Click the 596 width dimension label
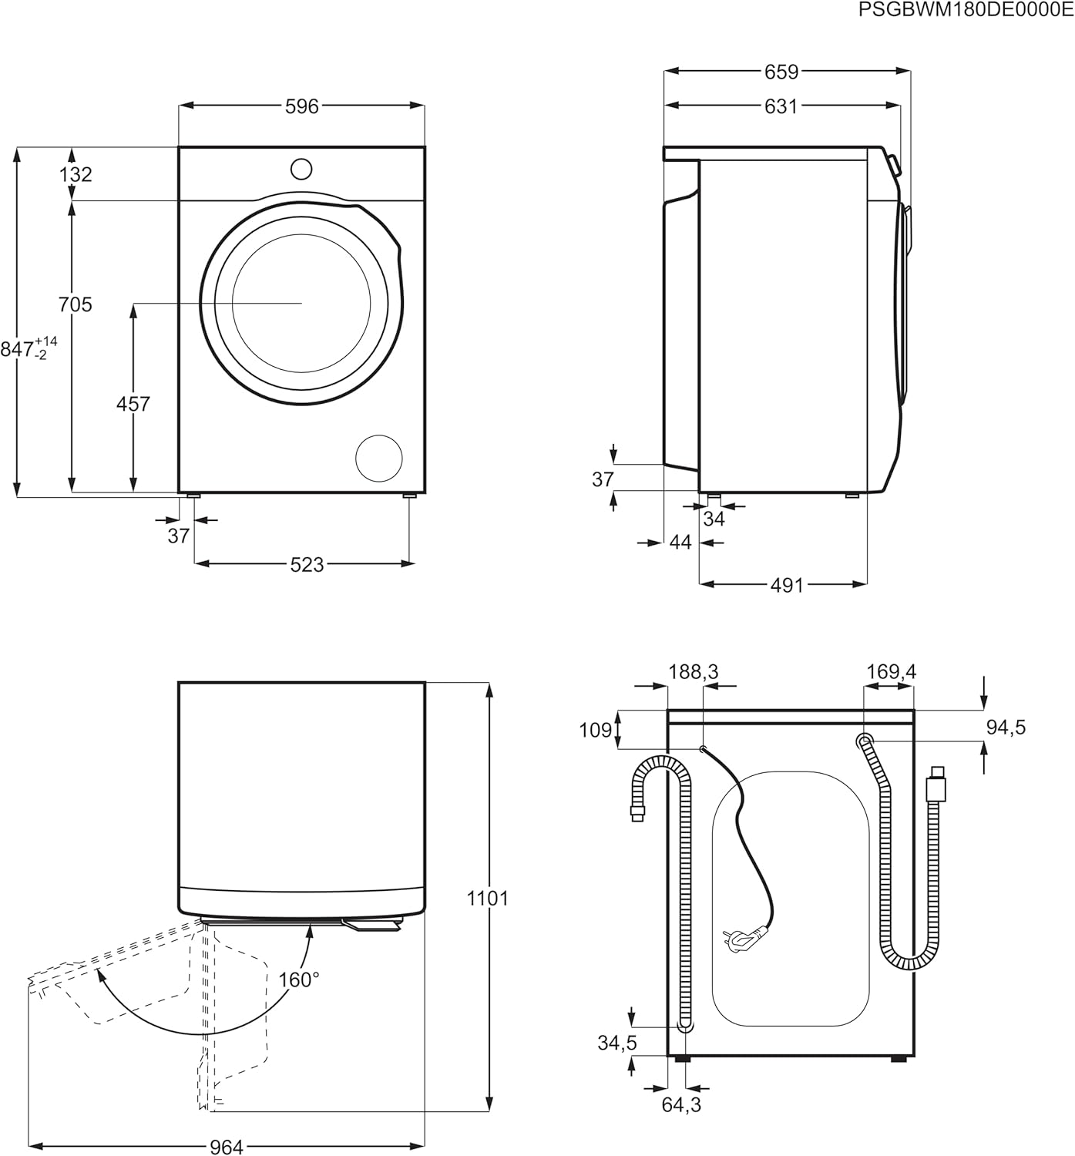click(x=301, y=106)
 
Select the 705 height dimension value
click(x=76, y=304)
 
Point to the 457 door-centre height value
click(x=133, y=403)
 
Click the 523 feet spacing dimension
click(x=307, y=565)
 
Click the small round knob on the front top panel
click(x=301, y=169)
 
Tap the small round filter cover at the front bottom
click(x=378, y=458)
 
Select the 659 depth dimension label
click(x=781, y=72)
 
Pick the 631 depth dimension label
click(x=781, y=106)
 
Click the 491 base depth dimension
click(x=787, y=586)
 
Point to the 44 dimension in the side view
click(x=680, y=543)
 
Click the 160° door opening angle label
click(x=299, y=980)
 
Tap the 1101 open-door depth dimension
click(x=489, y=898)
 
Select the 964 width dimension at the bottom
click(x=227, y=1147)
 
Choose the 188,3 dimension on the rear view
click(x=693, y=672)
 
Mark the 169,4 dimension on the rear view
click(x=891, y=672)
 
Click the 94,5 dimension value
click(x=1006, y=727)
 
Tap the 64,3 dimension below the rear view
click(x=681, y=1104)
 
